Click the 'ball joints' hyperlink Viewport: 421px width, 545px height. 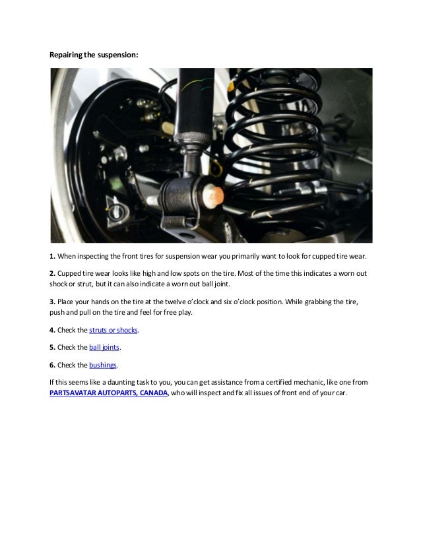(x=104, y=347)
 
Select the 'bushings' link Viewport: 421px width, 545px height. (x=103, y=364)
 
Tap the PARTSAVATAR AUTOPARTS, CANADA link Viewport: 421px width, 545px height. (x=109, y=393)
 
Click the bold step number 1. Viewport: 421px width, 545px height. (x=53, y=255)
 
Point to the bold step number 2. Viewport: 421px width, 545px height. (x=53, y=273)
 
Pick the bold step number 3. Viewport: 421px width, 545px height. (x=53, y=301)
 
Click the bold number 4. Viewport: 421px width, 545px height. (x=53, y=330)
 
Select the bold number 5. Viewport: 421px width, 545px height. (x=53, y=347)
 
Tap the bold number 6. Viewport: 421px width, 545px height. (x=53, y=364)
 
